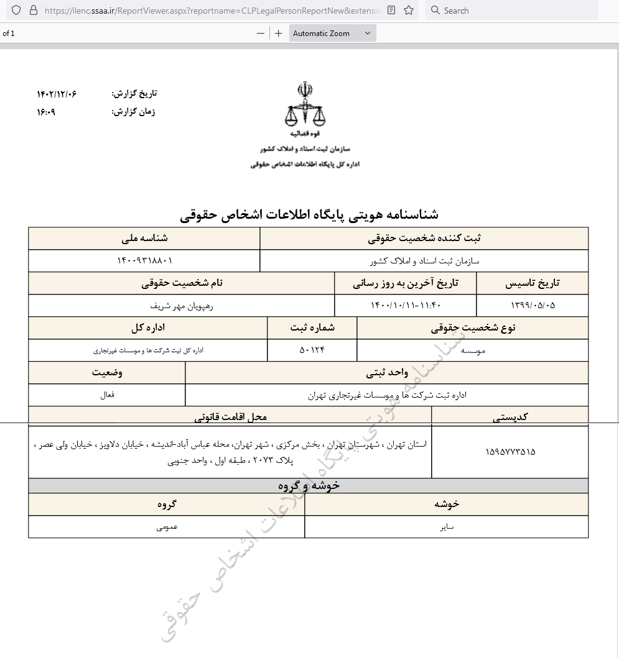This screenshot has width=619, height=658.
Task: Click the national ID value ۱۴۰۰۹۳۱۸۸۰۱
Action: point(144,260)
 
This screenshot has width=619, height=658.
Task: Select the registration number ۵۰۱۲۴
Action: point(312,350)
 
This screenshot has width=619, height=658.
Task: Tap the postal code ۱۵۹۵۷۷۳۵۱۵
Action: point(510,452)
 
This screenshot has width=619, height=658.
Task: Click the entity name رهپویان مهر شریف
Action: point(182,305)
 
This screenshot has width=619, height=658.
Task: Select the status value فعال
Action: point(107,395)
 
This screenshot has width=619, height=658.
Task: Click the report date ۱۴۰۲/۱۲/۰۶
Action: point(57,94)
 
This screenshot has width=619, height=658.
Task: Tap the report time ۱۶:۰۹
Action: point(46,112)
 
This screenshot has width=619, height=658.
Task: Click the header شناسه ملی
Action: point(144,238)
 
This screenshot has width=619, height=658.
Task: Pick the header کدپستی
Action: point(510,417)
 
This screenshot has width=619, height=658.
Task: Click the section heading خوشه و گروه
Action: point(309,485)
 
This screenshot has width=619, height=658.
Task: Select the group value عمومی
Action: point(167,527)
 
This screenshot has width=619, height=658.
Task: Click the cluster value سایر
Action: point(446,527)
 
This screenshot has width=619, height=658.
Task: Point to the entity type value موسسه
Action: point(473,350)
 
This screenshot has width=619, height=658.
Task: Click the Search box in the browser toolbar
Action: point(510,11)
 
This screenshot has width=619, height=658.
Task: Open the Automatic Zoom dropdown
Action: point(332,34)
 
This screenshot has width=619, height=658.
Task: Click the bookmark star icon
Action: point(409,11)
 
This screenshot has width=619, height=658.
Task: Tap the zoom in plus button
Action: point(278,34)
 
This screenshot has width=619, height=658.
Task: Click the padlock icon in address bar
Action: point(33,11)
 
